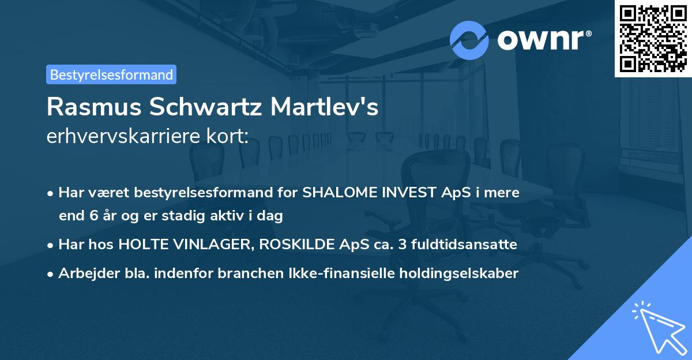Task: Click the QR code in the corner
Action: click(652, 39)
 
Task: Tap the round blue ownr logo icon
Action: click(469, 40)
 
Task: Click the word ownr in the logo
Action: click(540, 40)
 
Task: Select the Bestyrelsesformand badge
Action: click(111, 74)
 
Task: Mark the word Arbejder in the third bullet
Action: click(84, 273)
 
